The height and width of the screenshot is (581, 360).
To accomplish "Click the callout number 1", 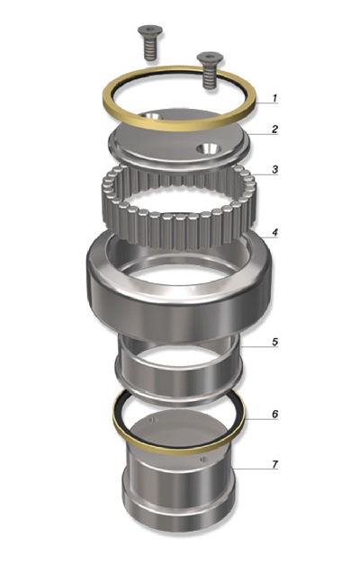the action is pyautogui.click(x=274, y=98).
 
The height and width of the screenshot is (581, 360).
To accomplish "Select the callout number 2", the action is pyautogui.click(x=274, y=129).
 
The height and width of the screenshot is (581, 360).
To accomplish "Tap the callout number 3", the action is pyautogui.click(x=274, y=169).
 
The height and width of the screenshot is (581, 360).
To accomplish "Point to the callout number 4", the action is pyautogui.click(x=274, y=233).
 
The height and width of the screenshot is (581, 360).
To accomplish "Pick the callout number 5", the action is pyautogui.click(x=274, y=342).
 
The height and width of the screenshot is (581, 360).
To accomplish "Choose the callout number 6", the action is pyautogui.click(x=274, y=414).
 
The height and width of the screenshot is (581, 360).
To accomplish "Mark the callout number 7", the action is pyautogui.click(x=274, y=464).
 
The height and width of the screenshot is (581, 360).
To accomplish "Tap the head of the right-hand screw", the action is pyautogui.click(x=210, y=58).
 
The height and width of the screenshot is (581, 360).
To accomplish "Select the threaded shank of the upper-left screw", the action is pyautogui.click(x=149, y=49).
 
